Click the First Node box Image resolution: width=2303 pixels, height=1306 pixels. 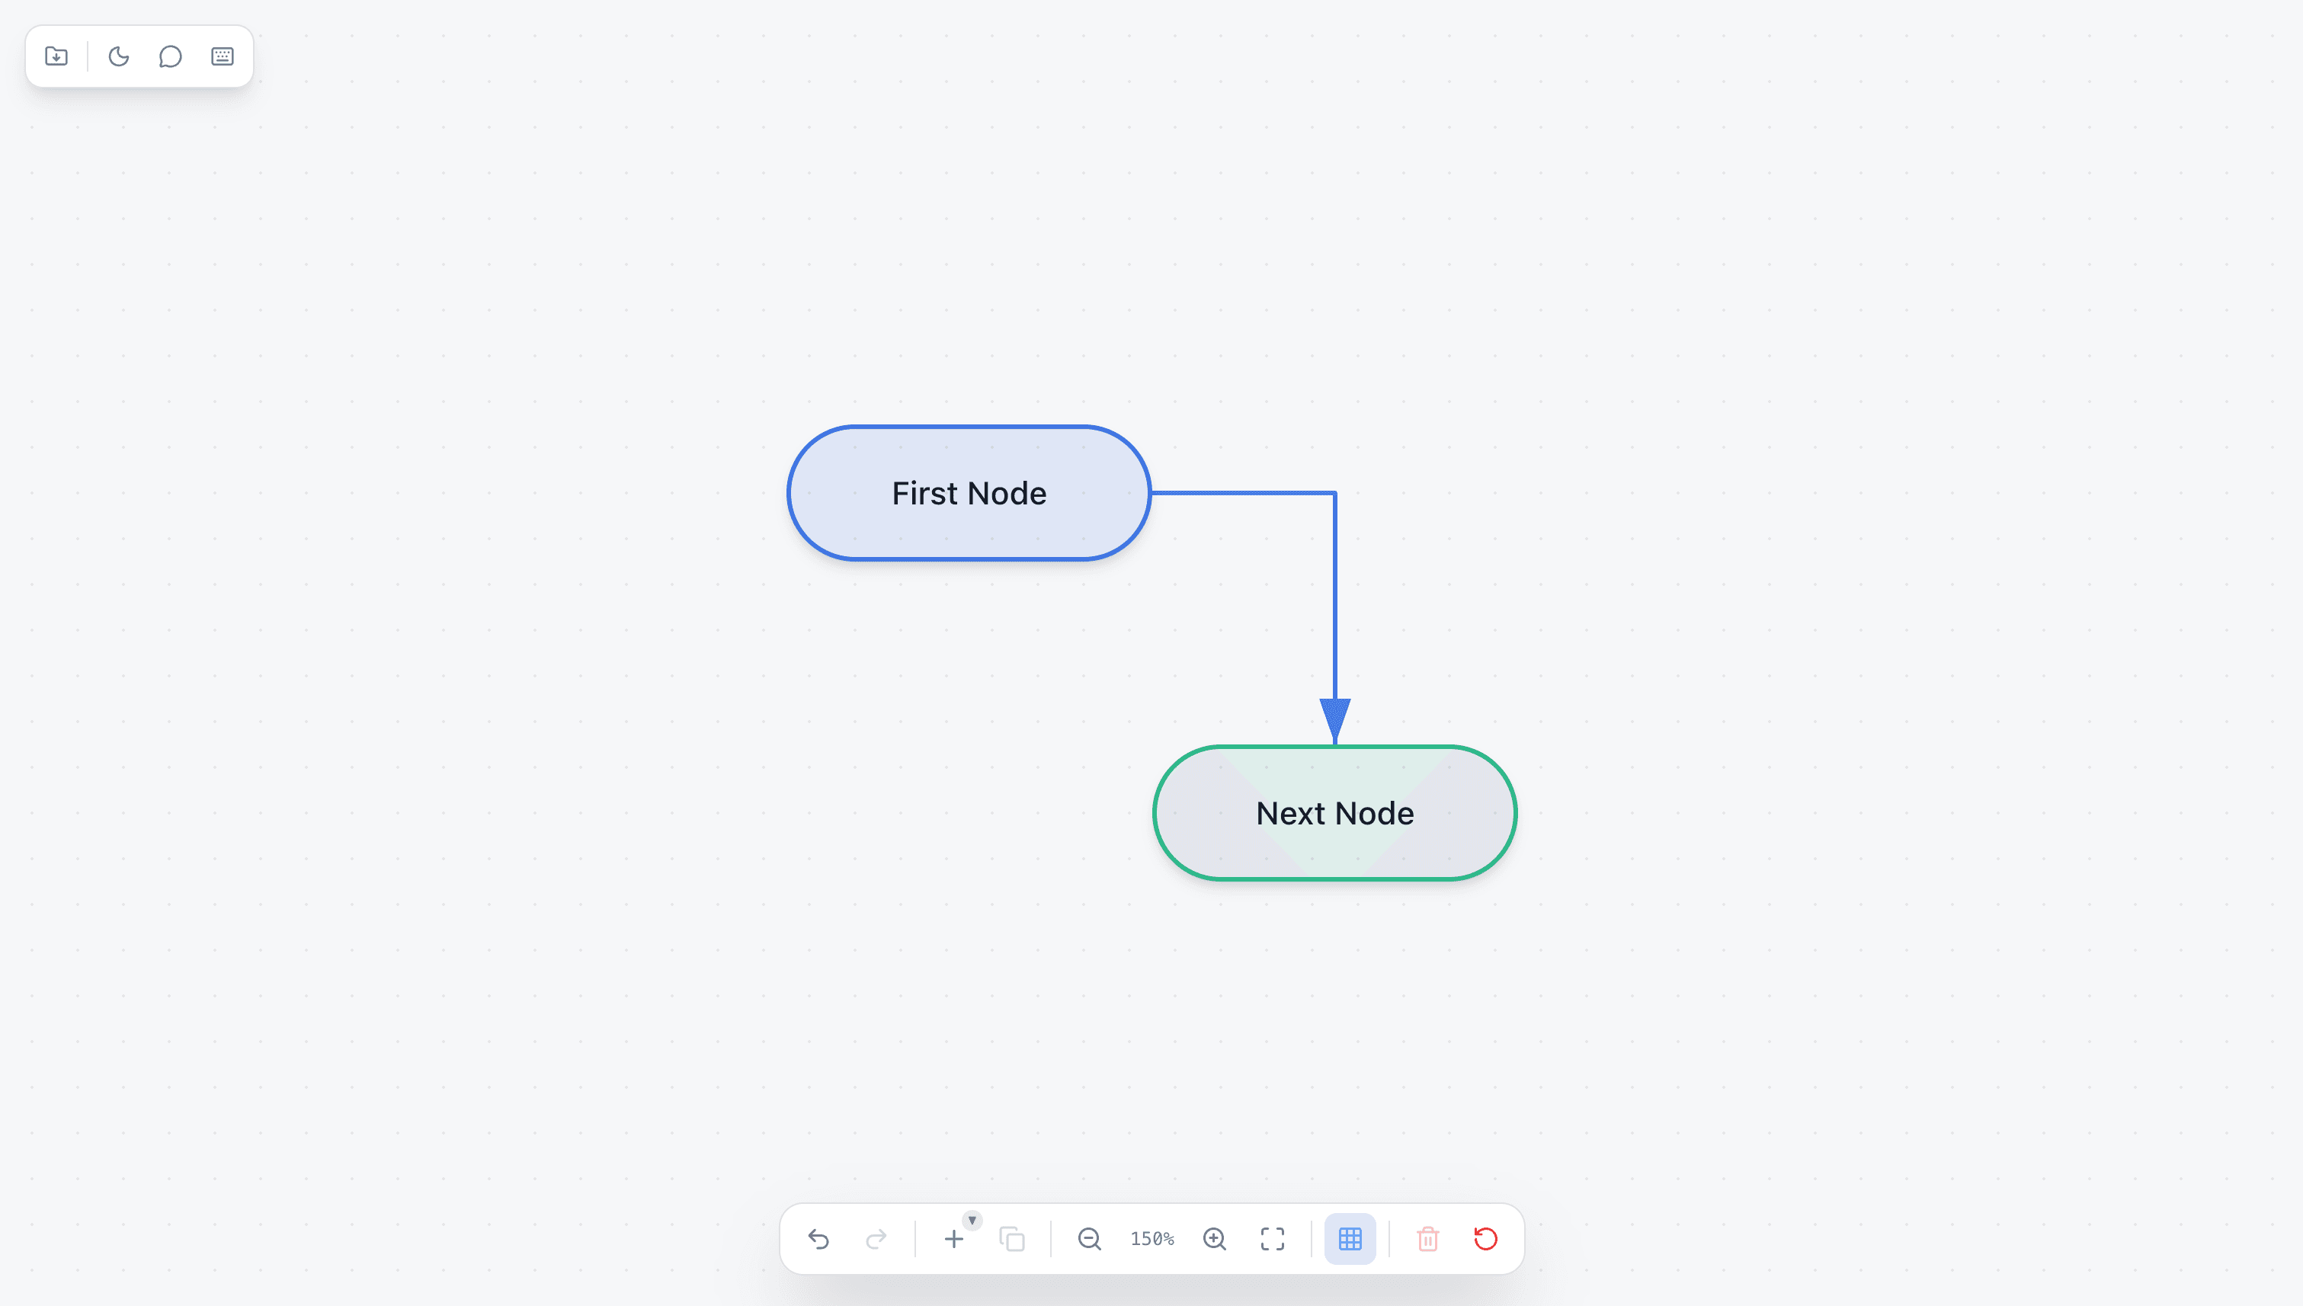tap(969, 493)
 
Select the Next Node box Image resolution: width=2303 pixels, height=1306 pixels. tap(1335, 813)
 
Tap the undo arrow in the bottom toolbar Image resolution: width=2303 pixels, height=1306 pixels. tap(818, 1239)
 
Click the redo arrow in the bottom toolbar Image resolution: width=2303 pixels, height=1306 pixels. tap(876, 1239)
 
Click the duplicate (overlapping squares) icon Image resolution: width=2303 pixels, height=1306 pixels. tap(1012, 1239)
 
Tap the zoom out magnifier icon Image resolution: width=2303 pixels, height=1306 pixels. tap(1089, 1239)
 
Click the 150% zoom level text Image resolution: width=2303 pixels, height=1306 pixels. tap(1152, 1239)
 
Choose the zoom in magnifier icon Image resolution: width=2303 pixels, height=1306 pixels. tap(1215, 1239)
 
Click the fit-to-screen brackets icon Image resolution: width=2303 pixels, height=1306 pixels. tap(1272, 1239)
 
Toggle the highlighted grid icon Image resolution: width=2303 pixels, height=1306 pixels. tap(1350, 1239)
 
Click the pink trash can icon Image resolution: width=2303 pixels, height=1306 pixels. tap(1427, 1239)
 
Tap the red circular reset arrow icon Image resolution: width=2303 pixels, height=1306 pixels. tap(1486, 1239)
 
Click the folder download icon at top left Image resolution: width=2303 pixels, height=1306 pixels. tap(56, 56)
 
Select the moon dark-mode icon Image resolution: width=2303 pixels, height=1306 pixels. tap(118, 56)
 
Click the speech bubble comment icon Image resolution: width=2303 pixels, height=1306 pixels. tap(171, 56)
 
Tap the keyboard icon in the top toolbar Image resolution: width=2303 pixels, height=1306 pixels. tap(223, 56)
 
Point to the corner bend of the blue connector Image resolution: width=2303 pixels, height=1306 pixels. tap(1335, 492)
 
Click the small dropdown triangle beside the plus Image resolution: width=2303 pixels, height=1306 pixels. tap(972, 1220)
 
